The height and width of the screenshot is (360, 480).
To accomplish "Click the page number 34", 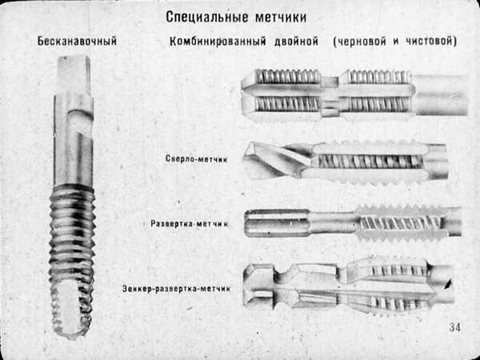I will pyautogui.click(x=455, y=326).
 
